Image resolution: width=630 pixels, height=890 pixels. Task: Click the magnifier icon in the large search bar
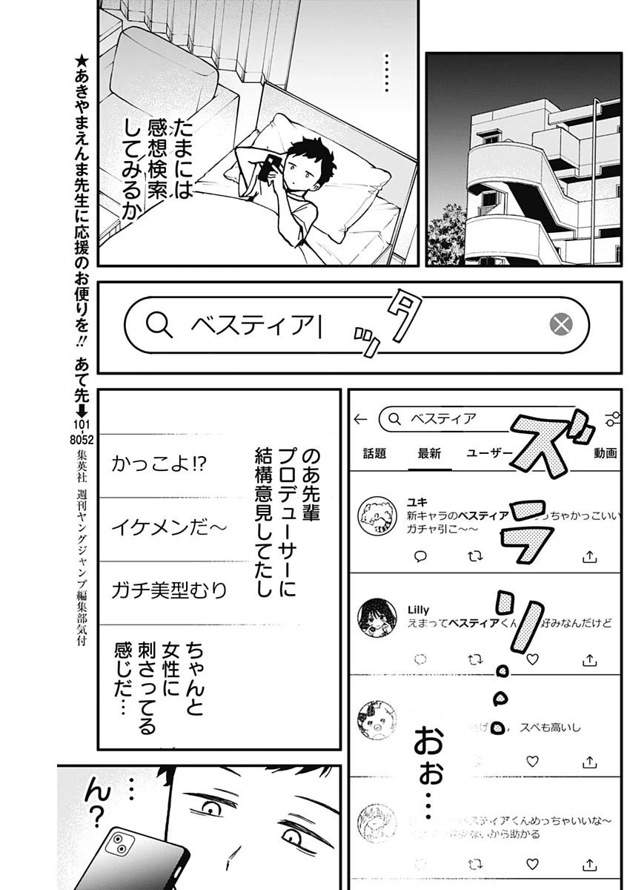[159, 324]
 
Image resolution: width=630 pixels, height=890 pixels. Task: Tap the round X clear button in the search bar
[561, 324]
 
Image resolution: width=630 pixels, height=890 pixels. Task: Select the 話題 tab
[374, 454]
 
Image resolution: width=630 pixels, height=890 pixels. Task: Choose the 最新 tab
[429, 454]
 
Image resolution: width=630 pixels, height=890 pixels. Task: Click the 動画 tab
[605, 454]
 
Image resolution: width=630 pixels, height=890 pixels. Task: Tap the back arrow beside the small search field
[361, 419]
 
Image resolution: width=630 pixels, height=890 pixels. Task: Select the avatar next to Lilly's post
[374, 616]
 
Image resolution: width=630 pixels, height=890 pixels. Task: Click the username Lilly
[419, 610]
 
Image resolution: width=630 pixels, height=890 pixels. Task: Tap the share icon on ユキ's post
[590, 556]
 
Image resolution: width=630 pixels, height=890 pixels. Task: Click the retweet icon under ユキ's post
[475, 556]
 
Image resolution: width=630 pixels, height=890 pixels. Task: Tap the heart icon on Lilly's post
[531, 658]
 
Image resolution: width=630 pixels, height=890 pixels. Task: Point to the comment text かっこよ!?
[159, 465]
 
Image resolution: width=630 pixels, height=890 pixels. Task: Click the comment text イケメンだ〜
[169, 528]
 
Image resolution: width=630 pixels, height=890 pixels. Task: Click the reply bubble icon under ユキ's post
[420, 556]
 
